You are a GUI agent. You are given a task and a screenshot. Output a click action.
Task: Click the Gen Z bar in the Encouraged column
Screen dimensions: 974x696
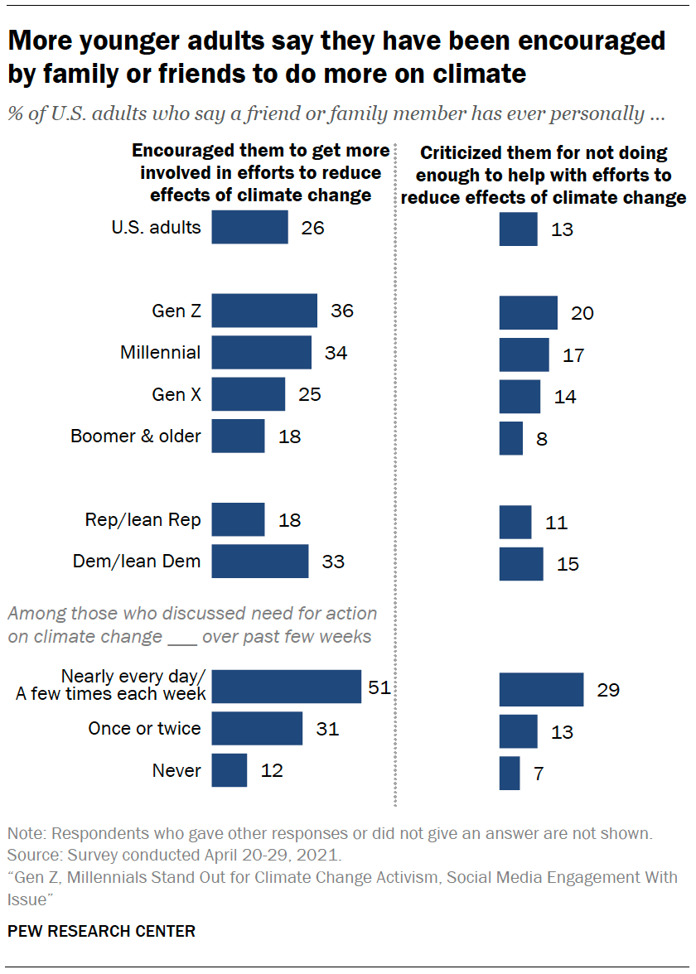coord(264,311)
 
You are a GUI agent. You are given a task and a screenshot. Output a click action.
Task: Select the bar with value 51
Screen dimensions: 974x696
coord(286,687)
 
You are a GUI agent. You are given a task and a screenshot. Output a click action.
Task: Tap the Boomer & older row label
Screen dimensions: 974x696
coord(136,436)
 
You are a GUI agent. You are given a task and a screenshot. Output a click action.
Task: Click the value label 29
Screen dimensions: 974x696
coord(608,690)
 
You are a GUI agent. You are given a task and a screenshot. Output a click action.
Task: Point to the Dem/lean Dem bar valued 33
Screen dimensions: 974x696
coord(259,561)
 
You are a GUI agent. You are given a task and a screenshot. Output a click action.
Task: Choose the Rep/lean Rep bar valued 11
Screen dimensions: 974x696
coord(515,523)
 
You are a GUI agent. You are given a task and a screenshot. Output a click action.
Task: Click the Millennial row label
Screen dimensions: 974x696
coord(160,352)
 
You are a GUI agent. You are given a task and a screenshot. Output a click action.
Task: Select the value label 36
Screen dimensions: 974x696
coord(341,311)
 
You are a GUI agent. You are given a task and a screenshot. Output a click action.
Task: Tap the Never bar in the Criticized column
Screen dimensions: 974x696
coord(510,773)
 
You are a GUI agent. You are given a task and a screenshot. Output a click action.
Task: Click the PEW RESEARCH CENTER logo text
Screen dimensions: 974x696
coord(101,931)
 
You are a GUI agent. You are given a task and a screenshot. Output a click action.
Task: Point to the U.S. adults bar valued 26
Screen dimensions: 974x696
coord(249,227)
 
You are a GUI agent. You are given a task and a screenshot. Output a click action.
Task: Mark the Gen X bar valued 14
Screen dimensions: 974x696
coord(520,397)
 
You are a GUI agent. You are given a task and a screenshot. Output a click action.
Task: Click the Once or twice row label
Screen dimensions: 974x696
coord(144,728)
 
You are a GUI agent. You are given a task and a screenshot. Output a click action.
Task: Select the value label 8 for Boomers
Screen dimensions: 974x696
coord(542,438)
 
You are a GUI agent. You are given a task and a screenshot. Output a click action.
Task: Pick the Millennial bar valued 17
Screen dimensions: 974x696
coord(524,354)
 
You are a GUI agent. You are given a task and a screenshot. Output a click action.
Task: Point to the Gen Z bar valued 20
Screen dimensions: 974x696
coord(528,312)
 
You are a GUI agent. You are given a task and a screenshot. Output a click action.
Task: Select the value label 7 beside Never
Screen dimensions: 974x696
coord(539,774)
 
